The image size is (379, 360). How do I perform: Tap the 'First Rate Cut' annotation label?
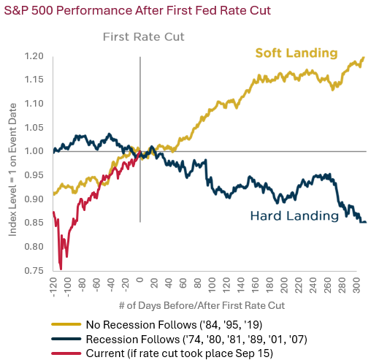[143, 37]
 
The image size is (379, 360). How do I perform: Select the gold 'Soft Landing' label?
[296, 53]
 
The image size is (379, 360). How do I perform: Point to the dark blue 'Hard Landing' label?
[294, 216]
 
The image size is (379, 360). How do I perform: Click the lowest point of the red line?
[61, 269]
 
